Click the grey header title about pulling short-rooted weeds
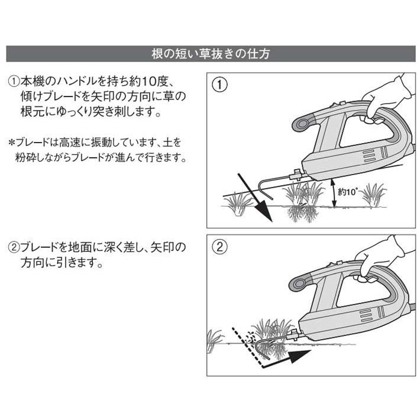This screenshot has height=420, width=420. click(x=210, y=53)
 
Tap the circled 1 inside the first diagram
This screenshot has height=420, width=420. click(x=219, y=85)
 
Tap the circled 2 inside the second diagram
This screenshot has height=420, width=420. click(x=219, y=247)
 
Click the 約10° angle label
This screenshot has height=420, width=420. click(x=348, y=192)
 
